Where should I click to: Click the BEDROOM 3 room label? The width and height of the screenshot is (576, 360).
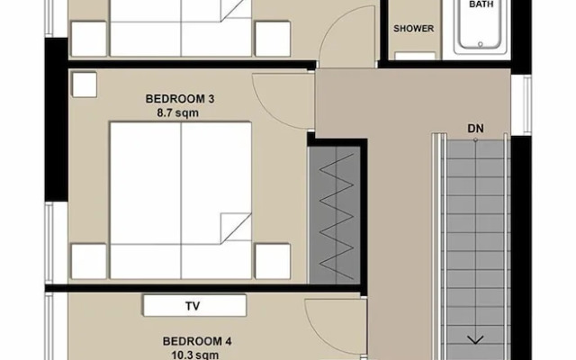point(180,99)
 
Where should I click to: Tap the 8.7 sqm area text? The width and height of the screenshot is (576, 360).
point(178,112)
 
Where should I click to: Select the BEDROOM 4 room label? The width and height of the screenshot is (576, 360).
point(197,341)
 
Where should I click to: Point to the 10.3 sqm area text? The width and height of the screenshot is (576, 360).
point(194,355)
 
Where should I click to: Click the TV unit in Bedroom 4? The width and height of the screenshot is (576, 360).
point(194,305)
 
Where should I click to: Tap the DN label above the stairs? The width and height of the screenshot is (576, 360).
point(475,129)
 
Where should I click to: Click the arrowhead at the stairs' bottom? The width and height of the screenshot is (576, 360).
point(475,340)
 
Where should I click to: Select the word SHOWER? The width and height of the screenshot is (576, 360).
point(414,28)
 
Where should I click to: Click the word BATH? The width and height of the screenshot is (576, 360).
point(481,4)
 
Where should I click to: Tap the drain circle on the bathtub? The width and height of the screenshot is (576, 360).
point(480,44)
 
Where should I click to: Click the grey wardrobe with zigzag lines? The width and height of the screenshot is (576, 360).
point(335,215)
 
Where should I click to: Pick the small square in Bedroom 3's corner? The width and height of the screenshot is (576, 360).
point(85,85)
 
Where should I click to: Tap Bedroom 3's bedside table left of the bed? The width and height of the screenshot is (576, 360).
point(89,261)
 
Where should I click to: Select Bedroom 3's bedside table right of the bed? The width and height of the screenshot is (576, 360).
point(273,261)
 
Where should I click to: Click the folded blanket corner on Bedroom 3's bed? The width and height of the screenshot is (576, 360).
point(236,228)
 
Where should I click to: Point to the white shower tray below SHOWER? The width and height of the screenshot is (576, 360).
point(415,56)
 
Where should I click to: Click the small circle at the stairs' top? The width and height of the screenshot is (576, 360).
point(475,140)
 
